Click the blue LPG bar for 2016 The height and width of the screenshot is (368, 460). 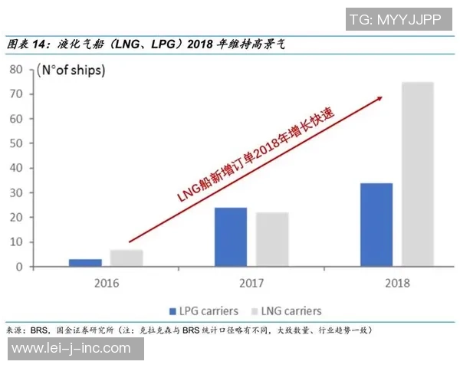click(84, 263)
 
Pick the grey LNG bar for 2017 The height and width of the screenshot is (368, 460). click(271, 239)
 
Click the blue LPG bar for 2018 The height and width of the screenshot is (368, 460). click(376, 225)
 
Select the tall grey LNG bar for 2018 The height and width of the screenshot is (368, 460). click(417, 174)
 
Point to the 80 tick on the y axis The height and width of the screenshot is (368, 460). click(18, 69)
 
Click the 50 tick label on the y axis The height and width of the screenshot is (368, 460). click(18, 143)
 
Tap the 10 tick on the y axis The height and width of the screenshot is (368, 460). click(18, 242)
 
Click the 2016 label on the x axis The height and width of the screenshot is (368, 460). click(106, 283)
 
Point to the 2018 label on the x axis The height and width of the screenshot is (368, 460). click(396, 283)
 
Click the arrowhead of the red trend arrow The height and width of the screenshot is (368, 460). click(378, 98)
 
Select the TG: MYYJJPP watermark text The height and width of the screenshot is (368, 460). click(395, 20)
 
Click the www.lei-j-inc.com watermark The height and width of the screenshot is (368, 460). click(71, 349)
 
